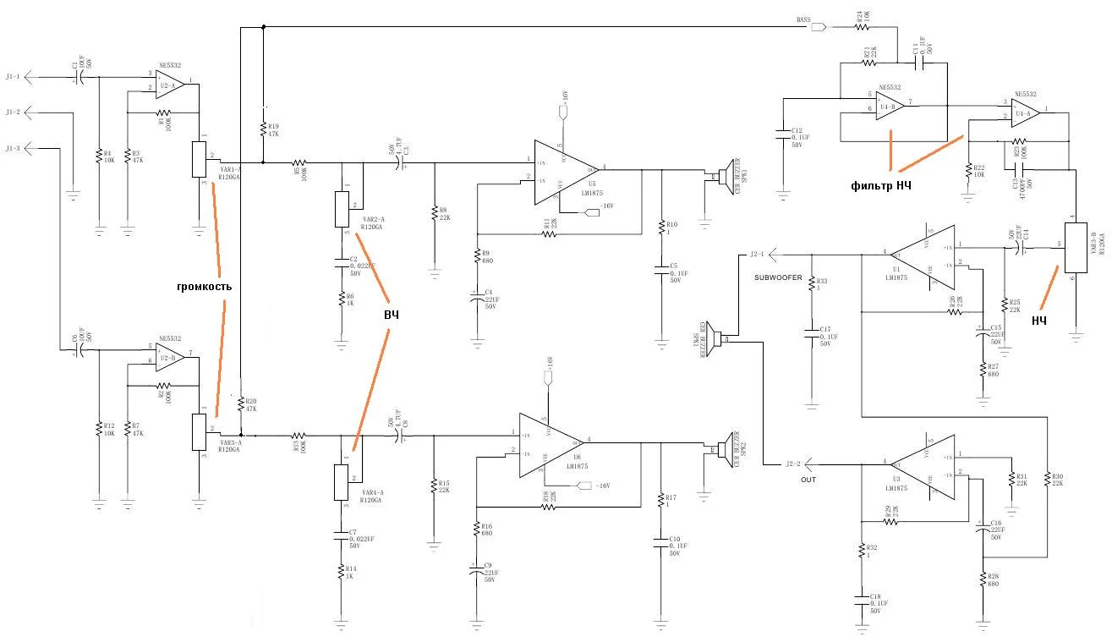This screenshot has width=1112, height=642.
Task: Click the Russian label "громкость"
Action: click(x=204, y=287)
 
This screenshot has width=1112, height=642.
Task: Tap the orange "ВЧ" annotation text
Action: click(x=392, y=315)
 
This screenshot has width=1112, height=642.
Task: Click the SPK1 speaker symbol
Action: click(x=723, y=175)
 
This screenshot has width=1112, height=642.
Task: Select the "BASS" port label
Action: click(x=804, y=19)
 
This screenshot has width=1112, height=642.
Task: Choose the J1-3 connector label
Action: click(x=13, y=149)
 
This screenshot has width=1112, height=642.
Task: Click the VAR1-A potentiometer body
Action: click(x=200, y=159)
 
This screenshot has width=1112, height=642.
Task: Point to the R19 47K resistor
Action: click(x=264, y=132)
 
